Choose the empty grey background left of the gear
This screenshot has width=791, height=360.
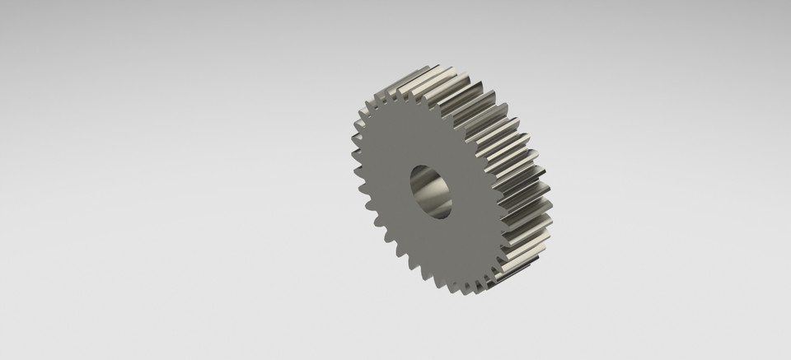click(165, 181)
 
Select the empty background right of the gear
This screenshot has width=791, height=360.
click(676, 181)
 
